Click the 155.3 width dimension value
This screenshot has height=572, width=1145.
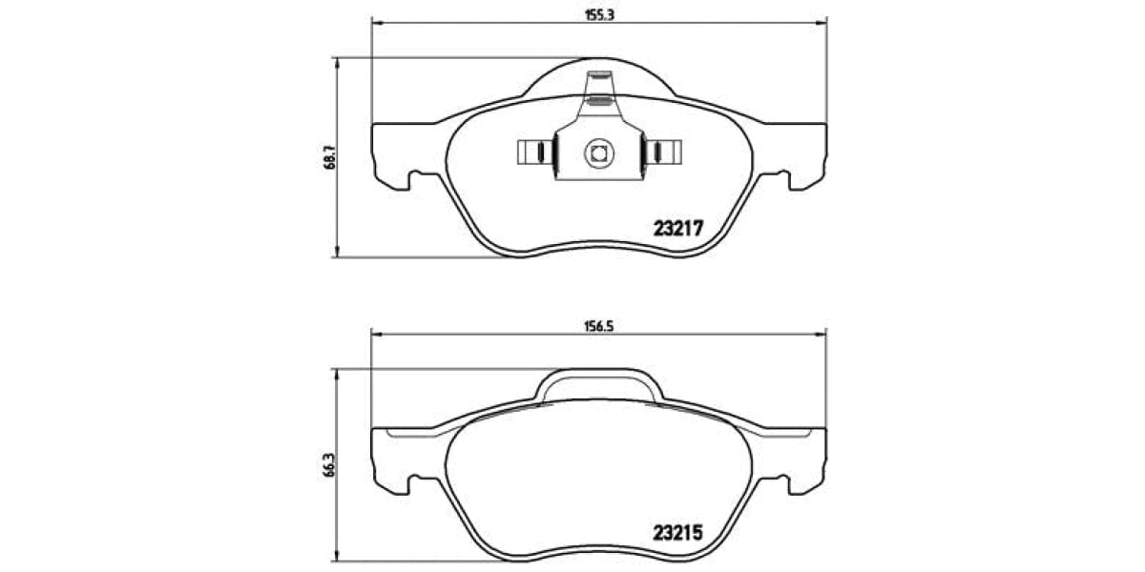coord(598,14)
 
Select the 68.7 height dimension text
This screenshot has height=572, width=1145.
coord(328,156)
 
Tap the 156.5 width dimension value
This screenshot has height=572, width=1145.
coord(598,325)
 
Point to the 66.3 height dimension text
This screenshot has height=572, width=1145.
coord(328,464)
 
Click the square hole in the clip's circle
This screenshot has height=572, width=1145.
coord(598,151)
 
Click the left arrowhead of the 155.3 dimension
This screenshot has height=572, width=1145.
coord(376,24)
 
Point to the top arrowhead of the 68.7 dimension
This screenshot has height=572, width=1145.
coord(337,63)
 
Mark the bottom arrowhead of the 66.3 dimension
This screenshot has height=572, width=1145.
coord(337,559)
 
